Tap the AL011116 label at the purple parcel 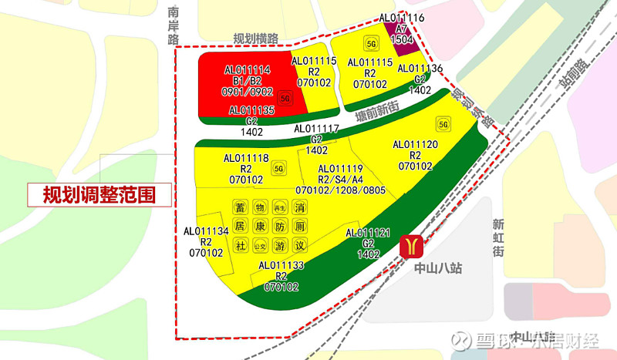pos(401,17)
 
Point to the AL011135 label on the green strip pos(251,111)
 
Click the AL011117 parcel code pos(316,129)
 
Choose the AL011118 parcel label pos(246,158)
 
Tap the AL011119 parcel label pos(340,169)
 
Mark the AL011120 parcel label pos(415,144)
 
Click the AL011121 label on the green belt pos(369,233)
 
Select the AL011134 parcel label pos(206,230)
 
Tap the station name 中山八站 pos(437,269)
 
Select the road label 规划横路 pos(255,39)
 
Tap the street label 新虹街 pos(499,237)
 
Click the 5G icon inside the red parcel pos(285,99)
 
